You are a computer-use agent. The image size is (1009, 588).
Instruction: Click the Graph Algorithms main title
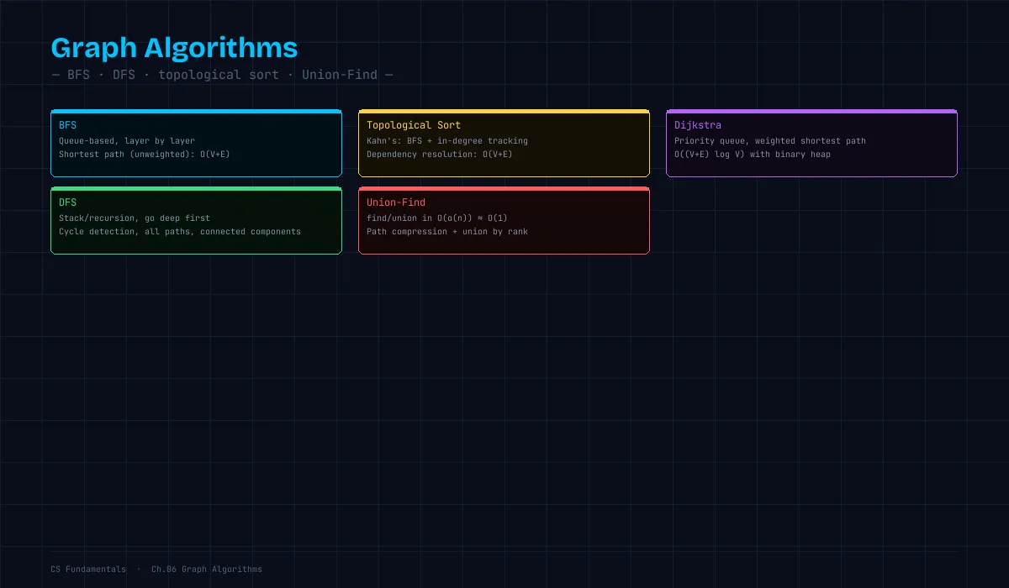pos(174,48)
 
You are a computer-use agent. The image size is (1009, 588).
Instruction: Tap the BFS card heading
pos(67,125)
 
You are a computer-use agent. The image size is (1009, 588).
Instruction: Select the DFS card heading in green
pos(67,202)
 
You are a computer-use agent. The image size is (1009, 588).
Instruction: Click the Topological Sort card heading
pos(414,125)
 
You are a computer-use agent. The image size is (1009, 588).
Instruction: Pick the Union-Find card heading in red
pos(396,202)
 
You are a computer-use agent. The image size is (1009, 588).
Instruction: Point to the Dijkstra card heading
pos(698,125)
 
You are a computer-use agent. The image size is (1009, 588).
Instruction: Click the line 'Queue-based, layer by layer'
pos(127,141)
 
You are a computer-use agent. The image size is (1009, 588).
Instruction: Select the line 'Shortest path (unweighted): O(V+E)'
pos(144,155)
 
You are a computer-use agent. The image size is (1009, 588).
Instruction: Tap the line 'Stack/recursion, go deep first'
pos(135,218)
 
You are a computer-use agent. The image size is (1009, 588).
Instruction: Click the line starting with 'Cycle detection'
pos(180,232)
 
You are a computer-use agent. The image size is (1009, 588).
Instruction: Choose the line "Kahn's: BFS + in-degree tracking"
pos(446,141)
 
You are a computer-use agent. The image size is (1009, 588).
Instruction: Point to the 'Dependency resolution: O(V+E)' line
pos(439,155)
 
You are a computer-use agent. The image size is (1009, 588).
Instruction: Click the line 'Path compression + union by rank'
pos(446,232)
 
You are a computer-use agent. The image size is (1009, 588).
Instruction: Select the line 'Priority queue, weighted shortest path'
pos(770,141)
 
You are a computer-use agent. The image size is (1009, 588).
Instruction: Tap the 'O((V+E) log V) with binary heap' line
pos(753,155)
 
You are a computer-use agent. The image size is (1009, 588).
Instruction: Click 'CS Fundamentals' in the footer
pos(88,570)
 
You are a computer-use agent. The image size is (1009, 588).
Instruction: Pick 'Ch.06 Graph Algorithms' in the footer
pos(207,570)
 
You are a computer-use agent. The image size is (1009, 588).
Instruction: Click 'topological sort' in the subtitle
pos(219,75)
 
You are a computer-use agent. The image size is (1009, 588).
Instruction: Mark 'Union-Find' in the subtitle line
pos(340,75)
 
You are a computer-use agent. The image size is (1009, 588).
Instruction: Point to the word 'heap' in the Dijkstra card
pos(821,155)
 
